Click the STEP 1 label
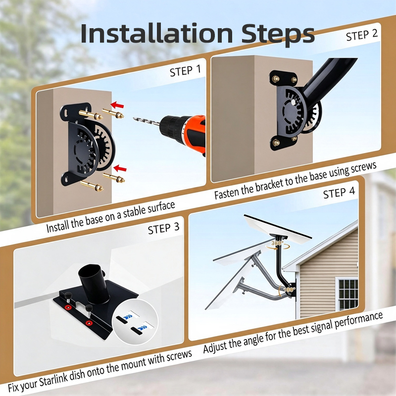point(185,70)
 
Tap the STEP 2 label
point(362,35)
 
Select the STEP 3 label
point(163,229)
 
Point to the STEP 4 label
point(339,193)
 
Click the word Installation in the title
point(156,33)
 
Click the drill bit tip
point(134,118)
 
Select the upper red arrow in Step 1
point(117,105)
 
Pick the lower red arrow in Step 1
point(120,168)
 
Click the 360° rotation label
point(277,243)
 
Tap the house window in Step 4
point(348,295)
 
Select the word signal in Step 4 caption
point(321,327)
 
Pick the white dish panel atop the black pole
point(278,227)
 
